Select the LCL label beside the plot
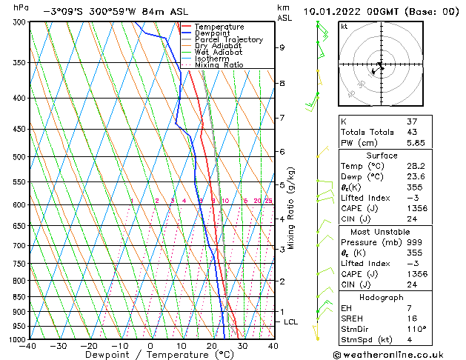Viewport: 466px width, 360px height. point(290,322)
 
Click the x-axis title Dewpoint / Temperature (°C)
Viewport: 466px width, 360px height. point(150,355)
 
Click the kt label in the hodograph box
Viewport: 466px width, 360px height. point(344,27)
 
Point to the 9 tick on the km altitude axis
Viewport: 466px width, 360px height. point(282,47)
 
